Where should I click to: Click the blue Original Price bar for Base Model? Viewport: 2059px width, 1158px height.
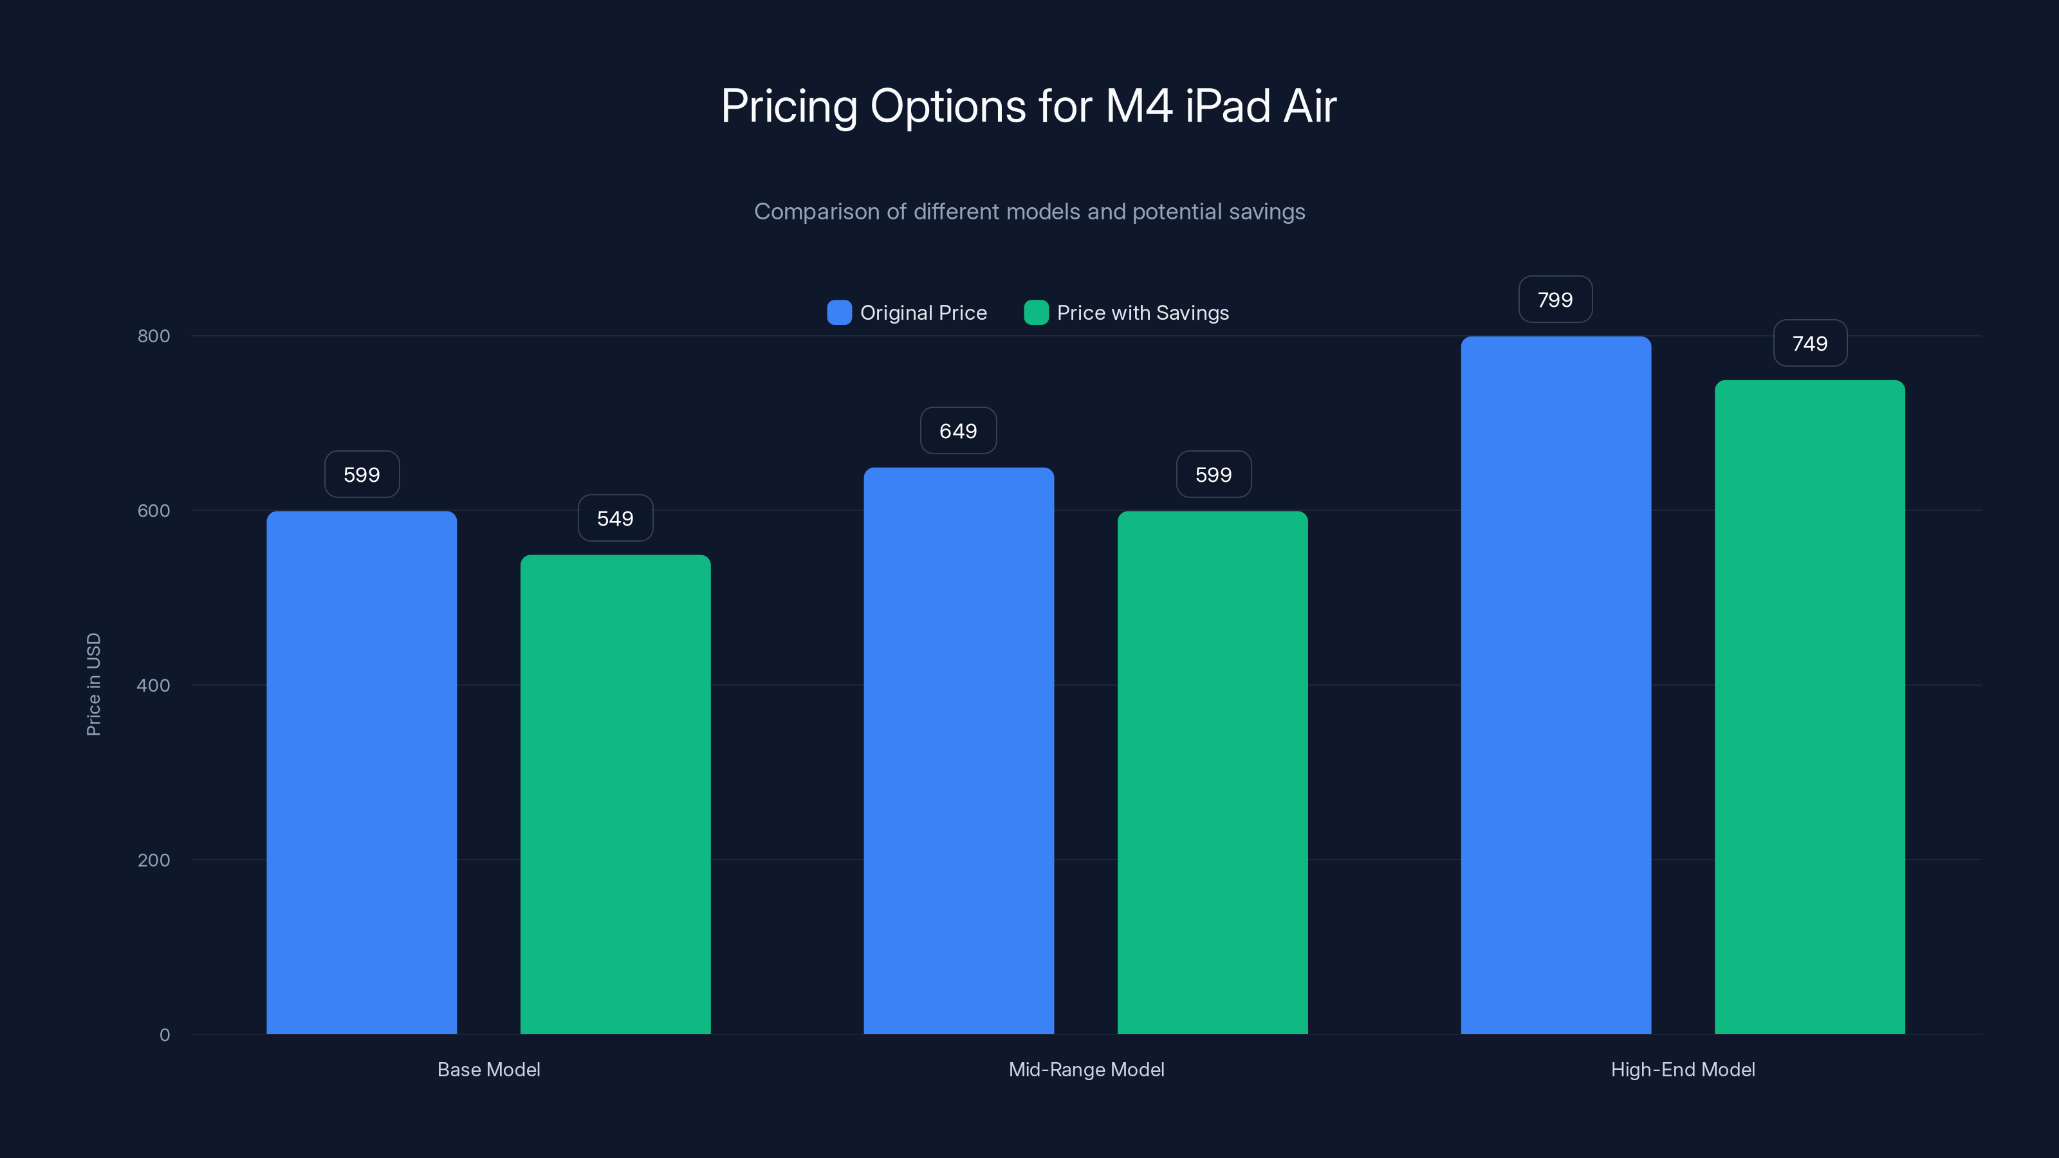(x=361, y=772)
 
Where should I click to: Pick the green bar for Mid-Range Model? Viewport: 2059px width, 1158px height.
(x=1212, y=772)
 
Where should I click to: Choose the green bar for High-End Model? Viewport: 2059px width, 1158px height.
(x=1809, y=706)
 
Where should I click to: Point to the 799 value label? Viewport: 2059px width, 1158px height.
(x=1555, y=300)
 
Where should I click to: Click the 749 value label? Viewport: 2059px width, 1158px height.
(x=1809, y=344)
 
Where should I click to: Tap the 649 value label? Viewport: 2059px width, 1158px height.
(x=957, y=432)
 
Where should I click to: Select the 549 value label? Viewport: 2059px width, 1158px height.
(x=614, y=519)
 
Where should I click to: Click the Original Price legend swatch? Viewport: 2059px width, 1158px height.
(x=839, y=313)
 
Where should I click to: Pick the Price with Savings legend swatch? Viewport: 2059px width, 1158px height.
(x=1036, y=313)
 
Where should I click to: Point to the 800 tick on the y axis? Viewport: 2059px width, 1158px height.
(x=154, y=336)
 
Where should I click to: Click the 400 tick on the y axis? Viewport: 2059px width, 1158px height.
(x=154, y=686)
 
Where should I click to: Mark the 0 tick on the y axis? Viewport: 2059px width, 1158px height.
(x=165, y=1035)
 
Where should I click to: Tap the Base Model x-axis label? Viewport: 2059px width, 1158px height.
(x=488, y=1069)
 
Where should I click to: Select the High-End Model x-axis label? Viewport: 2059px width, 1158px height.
(x=1683, y=1069)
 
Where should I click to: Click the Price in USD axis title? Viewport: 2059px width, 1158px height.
(x=93, y=684)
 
